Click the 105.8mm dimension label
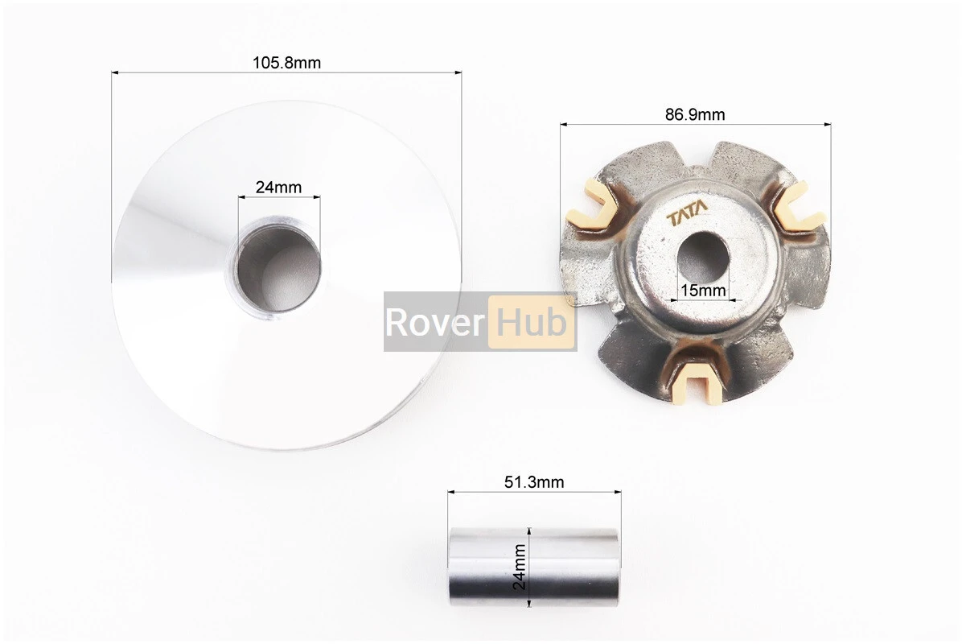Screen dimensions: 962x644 [x=286, y=63]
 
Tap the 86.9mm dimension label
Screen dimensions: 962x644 [x=695, y=114]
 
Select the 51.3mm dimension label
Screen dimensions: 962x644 [x=534, y=482]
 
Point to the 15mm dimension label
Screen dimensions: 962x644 [x=703, y=291]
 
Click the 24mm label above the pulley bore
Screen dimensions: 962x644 [x=278, y=188]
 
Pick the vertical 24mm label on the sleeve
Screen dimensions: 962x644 [x=519, y=567]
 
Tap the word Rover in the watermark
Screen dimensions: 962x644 [x=435, y=322]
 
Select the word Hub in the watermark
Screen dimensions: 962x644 [x=532, y=321]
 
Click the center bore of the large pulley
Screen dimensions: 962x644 [x=279, y=267]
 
